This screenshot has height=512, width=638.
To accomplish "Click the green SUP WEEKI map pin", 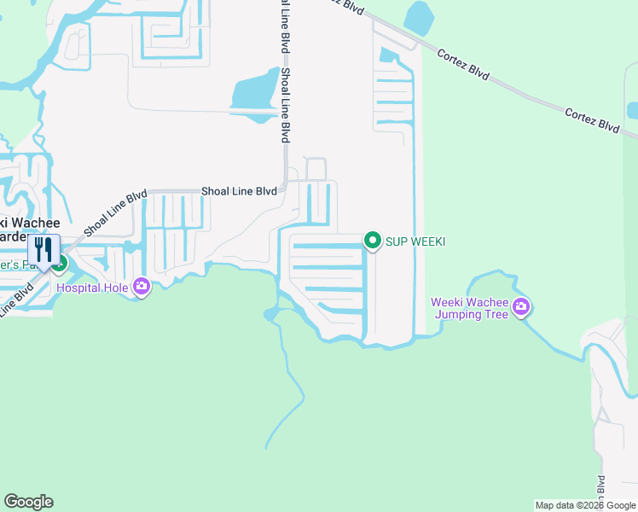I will tap(372, 241).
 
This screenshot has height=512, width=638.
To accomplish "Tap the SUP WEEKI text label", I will tap(415, 241).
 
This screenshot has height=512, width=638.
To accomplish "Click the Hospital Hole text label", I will tap(93, 288).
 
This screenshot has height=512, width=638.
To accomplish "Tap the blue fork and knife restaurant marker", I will tap(43, 250).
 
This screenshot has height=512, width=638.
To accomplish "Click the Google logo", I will tap(28, 502).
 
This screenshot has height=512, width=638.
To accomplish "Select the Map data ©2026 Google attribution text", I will tap(584, 505).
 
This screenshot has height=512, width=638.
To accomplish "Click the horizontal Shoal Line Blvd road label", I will tap(240, 191).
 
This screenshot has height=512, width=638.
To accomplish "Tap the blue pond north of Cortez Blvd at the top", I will tap(419, 17).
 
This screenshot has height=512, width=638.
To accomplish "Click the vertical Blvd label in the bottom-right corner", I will tap(601, 487).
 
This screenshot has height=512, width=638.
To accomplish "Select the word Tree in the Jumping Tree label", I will tap(496, 314).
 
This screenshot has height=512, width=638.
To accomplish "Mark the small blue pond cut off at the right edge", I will tap(633, 111).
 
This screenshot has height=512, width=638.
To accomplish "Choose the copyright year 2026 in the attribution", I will tap(590, 505).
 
